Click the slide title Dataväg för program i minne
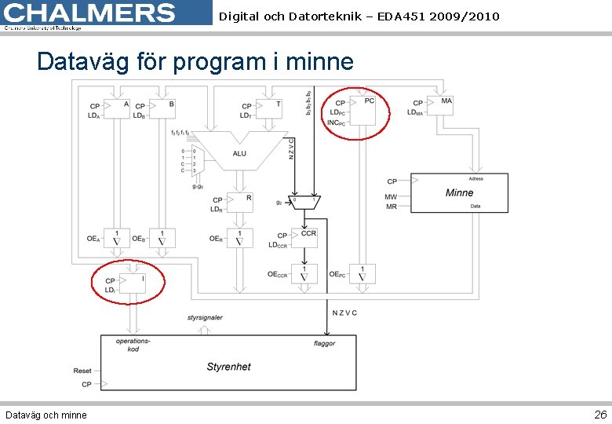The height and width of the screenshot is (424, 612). tap(195, 61)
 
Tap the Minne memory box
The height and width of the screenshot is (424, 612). tap(459, 192)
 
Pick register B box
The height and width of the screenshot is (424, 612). tap(162, 108)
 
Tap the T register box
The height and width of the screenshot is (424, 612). tap(269, 108)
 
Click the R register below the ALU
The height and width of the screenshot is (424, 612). tap(240, 203)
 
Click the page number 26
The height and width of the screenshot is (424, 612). tap(599, 414)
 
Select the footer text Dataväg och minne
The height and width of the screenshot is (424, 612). tap(46, 415)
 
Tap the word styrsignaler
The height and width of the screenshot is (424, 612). tap(205, 318)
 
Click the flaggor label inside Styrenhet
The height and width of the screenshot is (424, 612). tap(324, 343)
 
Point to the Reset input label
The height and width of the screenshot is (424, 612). tap(82, 371)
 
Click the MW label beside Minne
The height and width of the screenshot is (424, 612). tap(391, 197)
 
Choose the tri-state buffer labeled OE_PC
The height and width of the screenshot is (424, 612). tap(362, 274)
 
